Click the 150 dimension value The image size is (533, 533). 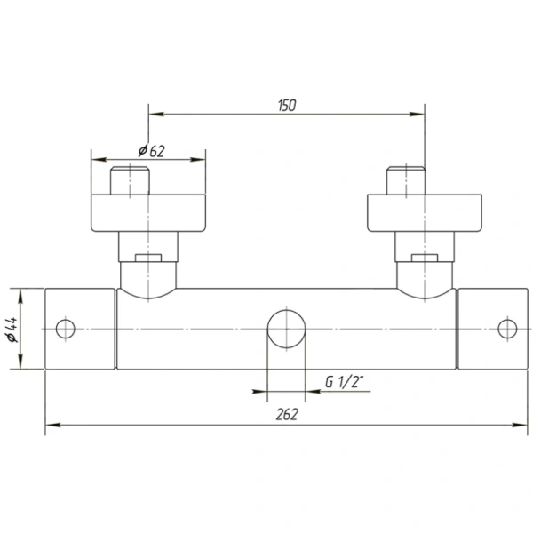(x=287, y=106)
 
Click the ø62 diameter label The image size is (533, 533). (x=151, y=151)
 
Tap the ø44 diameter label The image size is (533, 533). (x=12, y=330)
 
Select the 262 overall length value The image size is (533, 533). (x=287, y=414)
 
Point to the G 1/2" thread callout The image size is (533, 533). (x=345, y=382)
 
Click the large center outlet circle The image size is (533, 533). (x=286, y=329)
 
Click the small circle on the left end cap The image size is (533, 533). (x=65, y=329)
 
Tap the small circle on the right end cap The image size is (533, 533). (x=507, y=329)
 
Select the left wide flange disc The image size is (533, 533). (x=148, y=213)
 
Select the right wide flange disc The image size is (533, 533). (x=425, y=213)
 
